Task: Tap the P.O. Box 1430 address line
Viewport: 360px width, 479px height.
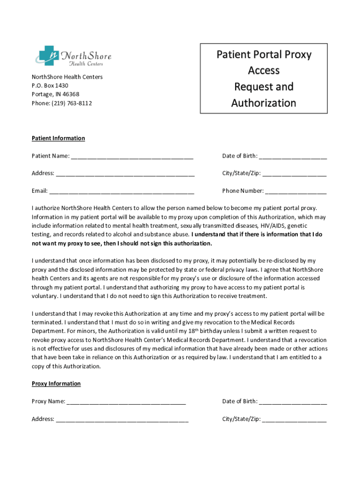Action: tap(50, 86)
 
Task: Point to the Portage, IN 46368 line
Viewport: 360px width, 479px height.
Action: tap(52, 94)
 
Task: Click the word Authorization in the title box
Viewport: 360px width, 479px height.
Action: tap(264, 103)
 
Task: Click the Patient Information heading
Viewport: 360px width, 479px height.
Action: tap(58, 138)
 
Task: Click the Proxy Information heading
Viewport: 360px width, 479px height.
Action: tap(56, 384)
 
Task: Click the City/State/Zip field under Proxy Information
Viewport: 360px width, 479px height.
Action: tap(295, 420)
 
